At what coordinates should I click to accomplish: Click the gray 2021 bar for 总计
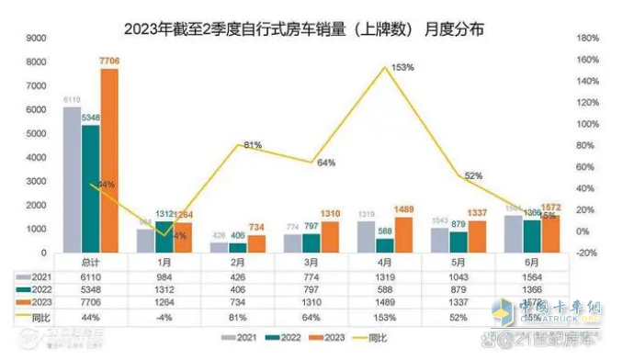[x=72, y=179]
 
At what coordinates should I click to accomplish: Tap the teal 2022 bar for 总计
[x=90, y=188]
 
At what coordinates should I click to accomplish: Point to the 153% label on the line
[x=402, y=67]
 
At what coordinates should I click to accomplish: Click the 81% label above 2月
[x=253, y=145]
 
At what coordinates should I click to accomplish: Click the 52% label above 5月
[x=473, y=174]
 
